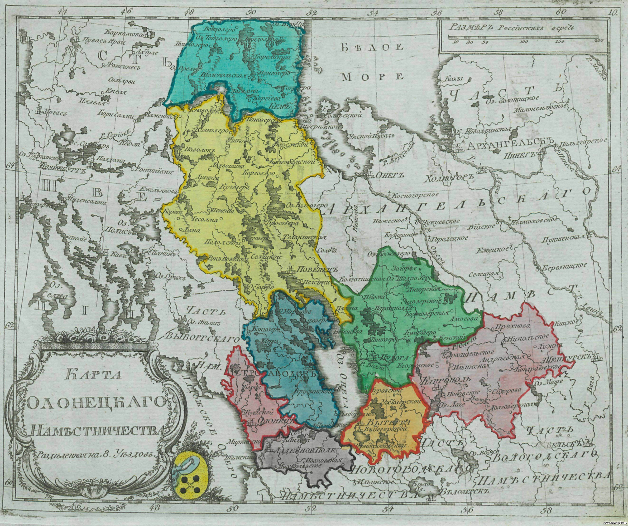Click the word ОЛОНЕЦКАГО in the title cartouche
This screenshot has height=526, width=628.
coord(96,405)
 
